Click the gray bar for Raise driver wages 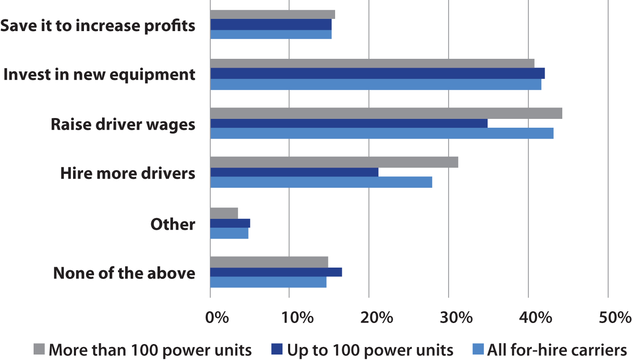pos(386,113)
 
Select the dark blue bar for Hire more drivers pos(294,172)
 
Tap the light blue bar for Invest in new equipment pos(375,84)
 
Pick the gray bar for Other pos(224,213)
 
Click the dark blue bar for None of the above pos(276,272)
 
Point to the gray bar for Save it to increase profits pos(273,15)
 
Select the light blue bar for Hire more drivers pos(321,182)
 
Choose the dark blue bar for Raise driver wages pos(349,124)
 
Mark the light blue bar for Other pos(229,233)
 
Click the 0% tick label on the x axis pos(217,318)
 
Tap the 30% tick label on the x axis pos(456,318)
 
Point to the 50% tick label pos(615,318)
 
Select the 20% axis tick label pos(376,318)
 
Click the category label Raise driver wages pos(123,125)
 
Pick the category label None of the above pos(124,273)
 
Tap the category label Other pos(173,224)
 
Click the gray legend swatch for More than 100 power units pos(39,349)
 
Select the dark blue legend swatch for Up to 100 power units pos(277,349)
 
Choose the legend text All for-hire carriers pos(557,350)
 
